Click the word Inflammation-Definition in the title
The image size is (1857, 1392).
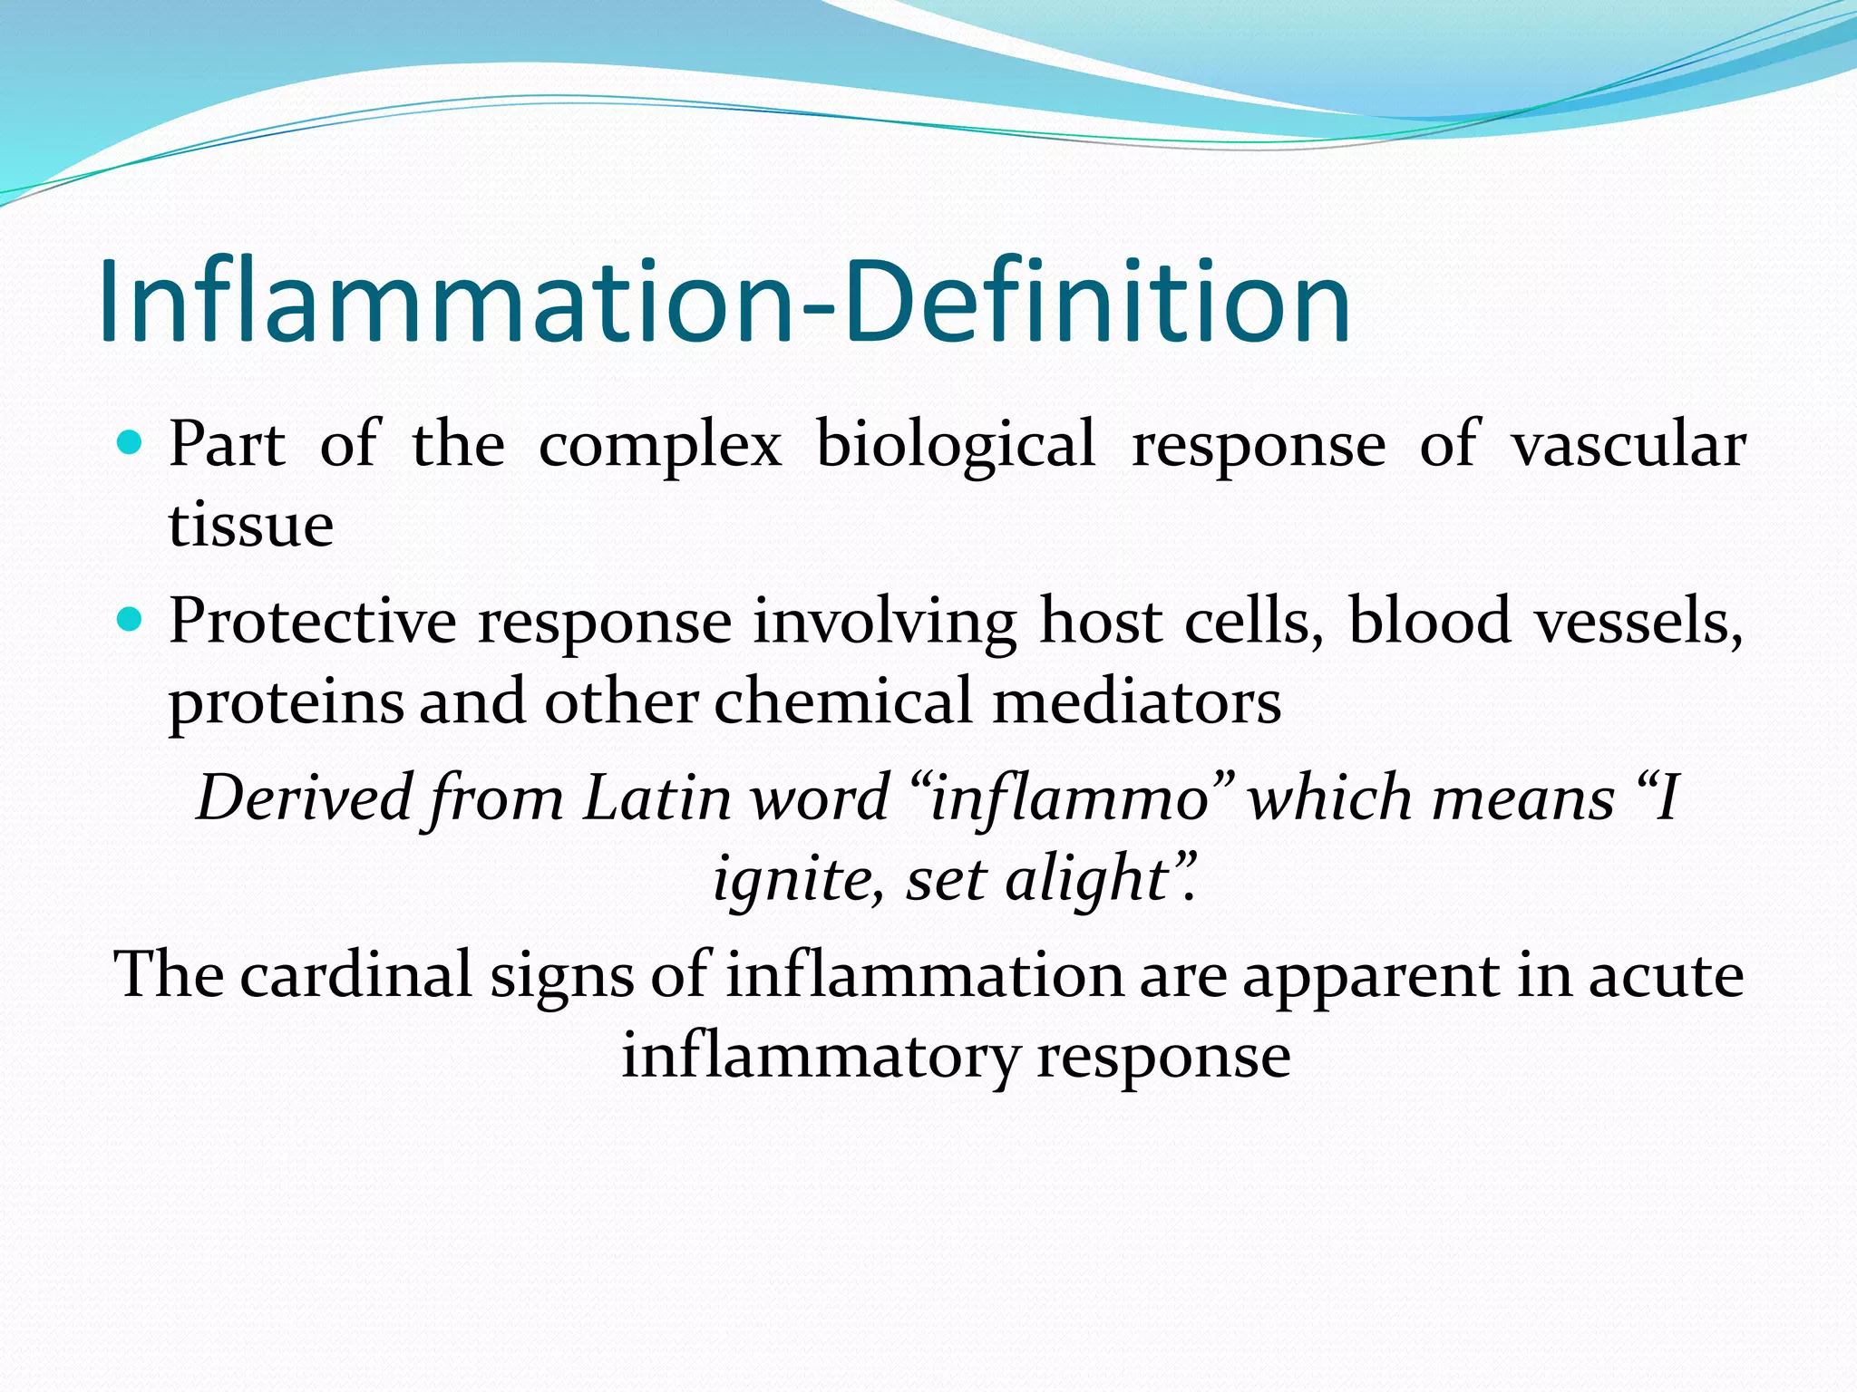coord(724,302)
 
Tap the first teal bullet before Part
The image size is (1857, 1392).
coord(131,443)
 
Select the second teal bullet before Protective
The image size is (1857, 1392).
coord(131,620)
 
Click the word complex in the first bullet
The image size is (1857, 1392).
coord(659,447)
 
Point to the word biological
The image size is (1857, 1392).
coord(955,447)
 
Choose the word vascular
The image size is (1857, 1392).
coord(1628,445)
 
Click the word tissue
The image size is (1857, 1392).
coord(251,525)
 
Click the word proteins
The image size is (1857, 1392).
coord(286,703)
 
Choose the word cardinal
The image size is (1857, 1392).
coord(355,975)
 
